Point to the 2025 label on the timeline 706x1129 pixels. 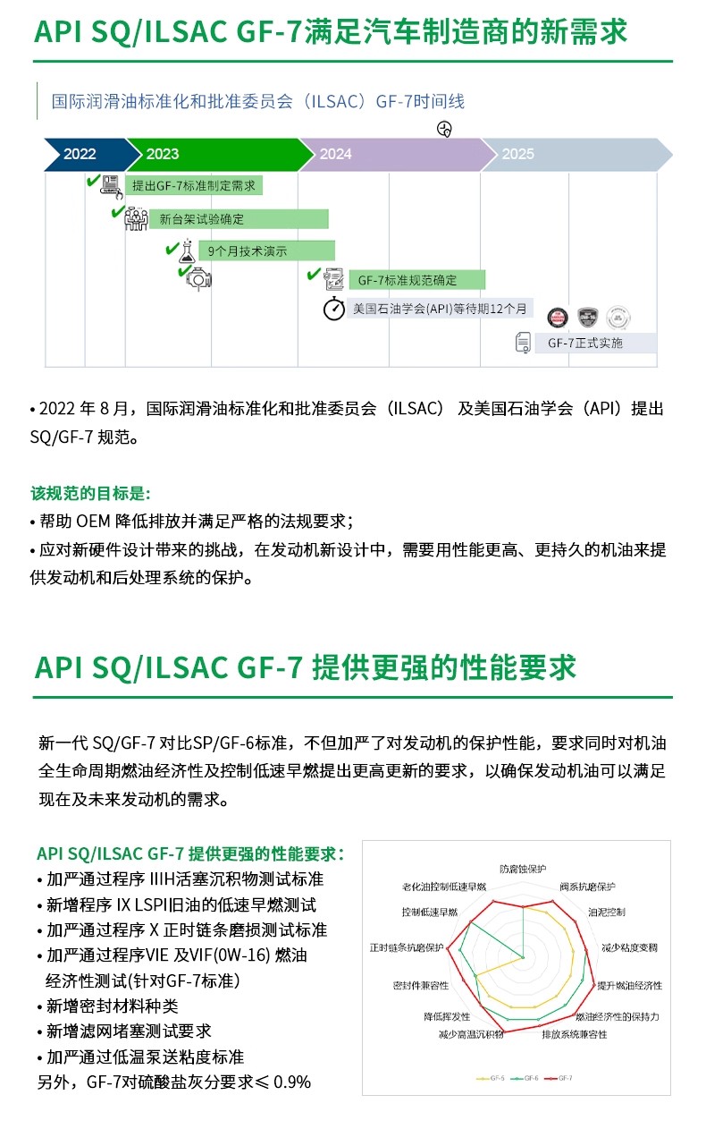[x=518, y=154]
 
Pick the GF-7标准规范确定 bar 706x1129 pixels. [x=416, y=280]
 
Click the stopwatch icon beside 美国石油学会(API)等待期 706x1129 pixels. [x=334, y=310]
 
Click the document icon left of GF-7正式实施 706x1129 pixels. [x=524, y=343]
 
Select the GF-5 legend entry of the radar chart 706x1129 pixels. [x=491, y=1078]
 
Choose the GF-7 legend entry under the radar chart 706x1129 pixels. [x=558, y=1078]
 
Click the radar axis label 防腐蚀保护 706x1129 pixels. [x=523, y=869]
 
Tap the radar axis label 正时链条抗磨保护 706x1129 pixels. [x=407, y=946]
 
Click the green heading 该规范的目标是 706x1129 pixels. [x=90, y=493]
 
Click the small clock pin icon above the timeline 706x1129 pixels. [x=444, y=129]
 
